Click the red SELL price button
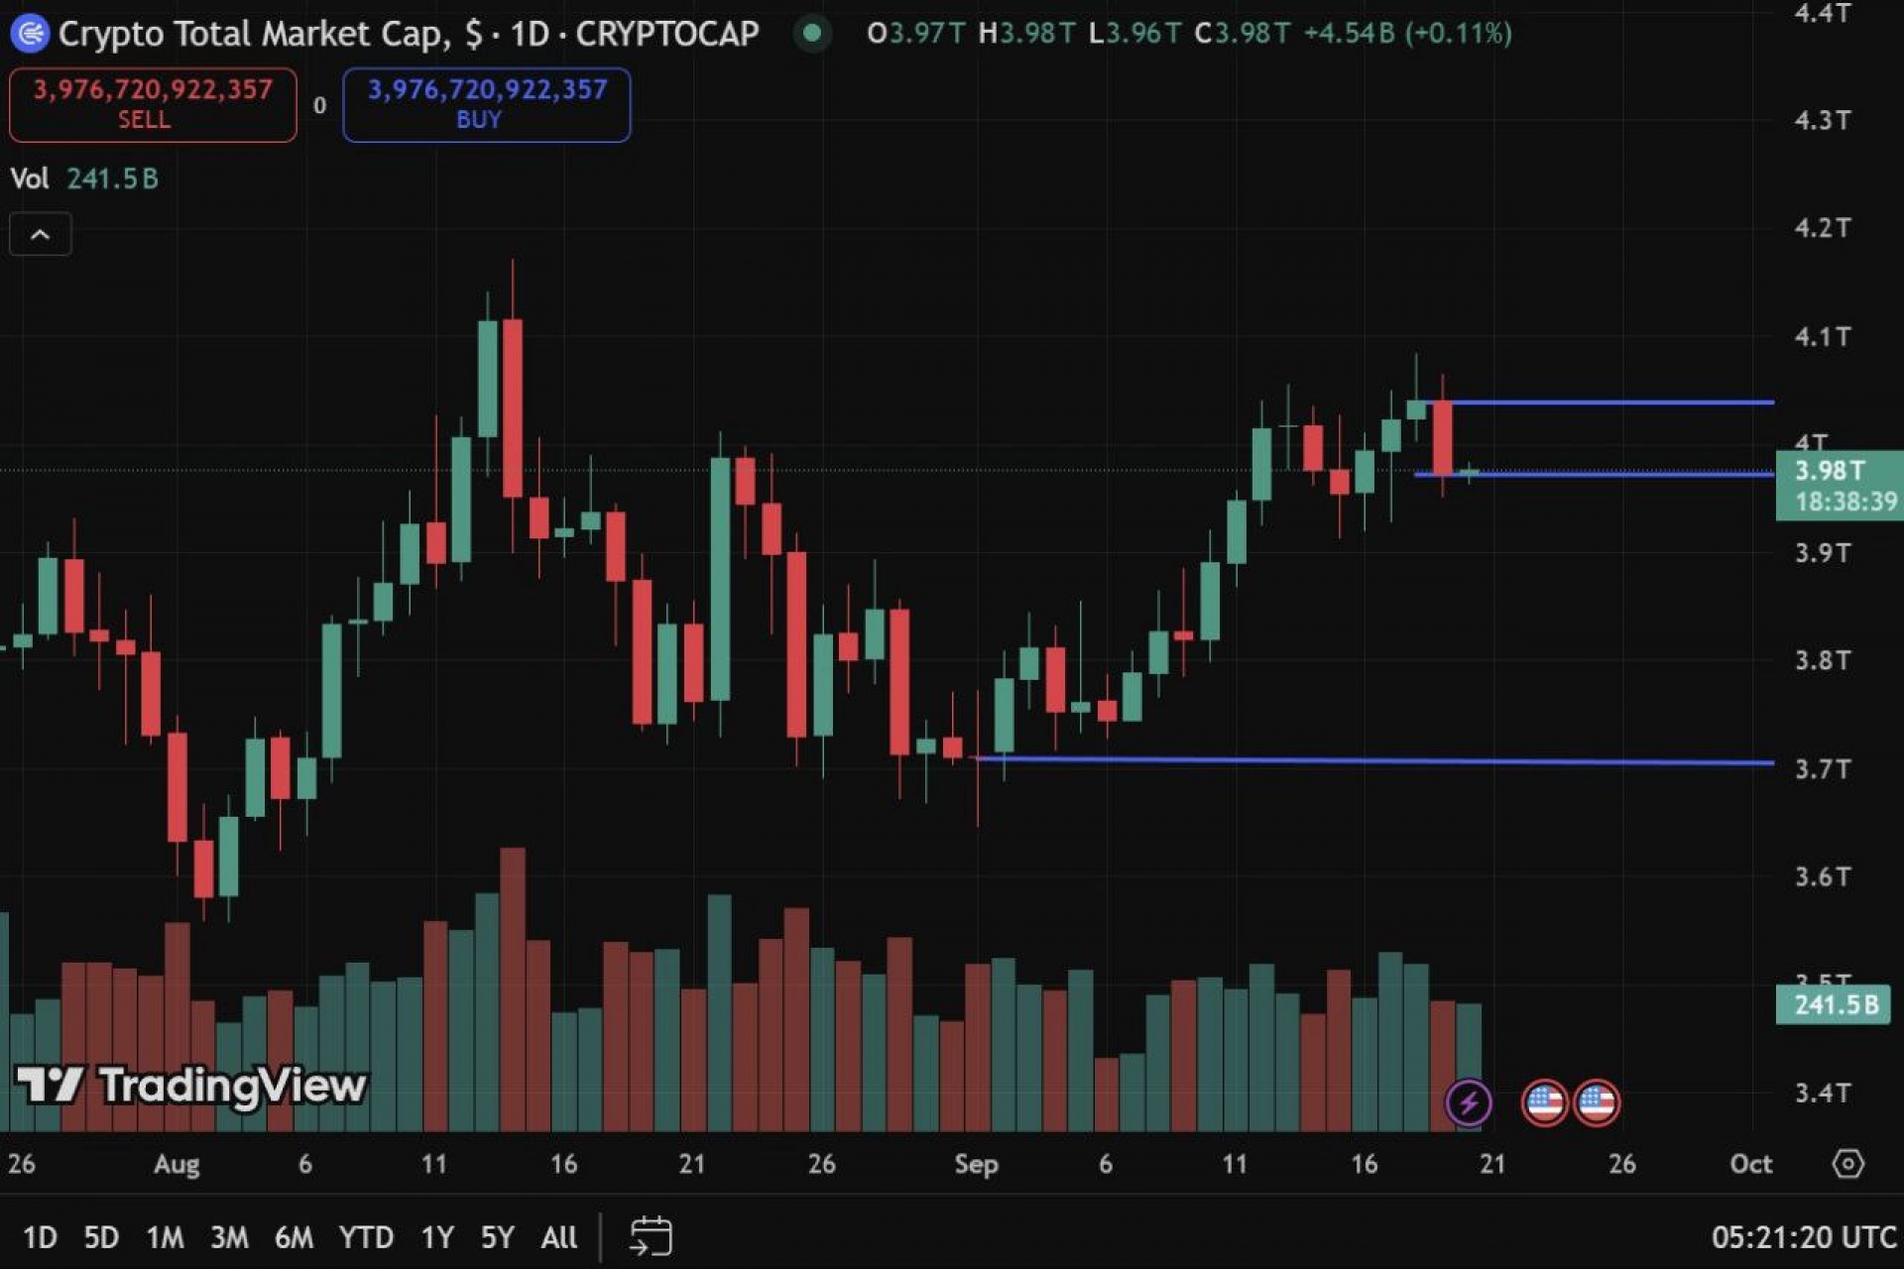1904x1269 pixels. point(153,104)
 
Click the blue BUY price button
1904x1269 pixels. point(486,104)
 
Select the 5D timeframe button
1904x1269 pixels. point(101,1237)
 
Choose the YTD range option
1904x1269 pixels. point(366,1237)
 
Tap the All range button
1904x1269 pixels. point(559,1237)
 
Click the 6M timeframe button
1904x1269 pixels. point(294,1237)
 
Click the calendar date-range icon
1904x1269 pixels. point(651,1236)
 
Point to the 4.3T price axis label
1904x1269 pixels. point(1822,120)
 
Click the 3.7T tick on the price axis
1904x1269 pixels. point(1822,768)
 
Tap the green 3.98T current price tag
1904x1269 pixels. point(1838,485)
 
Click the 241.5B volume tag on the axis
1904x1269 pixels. point(1835,1004)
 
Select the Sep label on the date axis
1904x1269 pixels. point(976,1164)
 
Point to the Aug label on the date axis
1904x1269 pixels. point(177,1164)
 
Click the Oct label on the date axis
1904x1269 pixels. point(1750,1164)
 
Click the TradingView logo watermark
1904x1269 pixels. point(191,1086)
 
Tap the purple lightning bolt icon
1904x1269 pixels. point(1469,1101)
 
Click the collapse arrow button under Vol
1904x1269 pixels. point(41,235)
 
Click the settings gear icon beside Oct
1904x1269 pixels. point(1847,1163)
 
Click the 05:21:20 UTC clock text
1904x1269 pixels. point(1804,1237)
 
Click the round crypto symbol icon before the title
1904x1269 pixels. point(30,34)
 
